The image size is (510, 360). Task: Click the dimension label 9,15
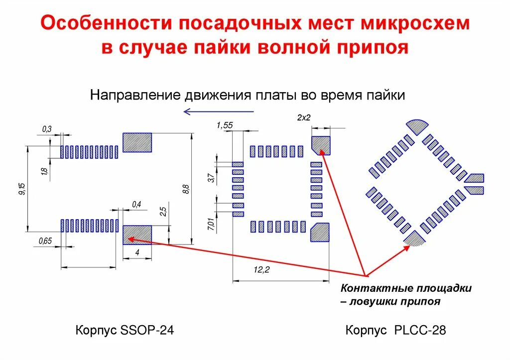[x=21, y=189]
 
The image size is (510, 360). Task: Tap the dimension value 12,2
[x=261, y=269]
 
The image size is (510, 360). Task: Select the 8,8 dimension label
[x=186, y=189]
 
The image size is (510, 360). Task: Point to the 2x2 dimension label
[x=304, y=118]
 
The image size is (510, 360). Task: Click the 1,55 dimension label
[x=225, y=125]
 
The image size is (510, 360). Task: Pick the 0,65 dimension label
[x=45, y=241]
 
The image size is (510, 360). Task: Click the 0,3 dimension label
[x=47, y=129]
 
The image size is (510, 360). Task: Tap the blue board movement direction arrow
[x=219, y=111]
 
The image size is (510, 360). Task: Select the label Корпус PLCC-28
[x=396, y=330]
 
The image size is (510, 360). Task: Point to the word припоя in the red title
[x=377, y=48]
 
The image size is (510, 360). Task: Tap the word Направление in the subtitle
[x=134, y=95]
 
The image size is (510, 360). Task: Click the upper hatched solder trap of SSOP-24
[x=137, y=142]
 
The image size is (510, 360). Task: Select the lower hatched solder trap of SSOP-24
[x=137, y=235]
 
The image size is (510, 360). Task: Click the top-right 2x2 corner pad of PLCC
[x=321, y=144]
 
